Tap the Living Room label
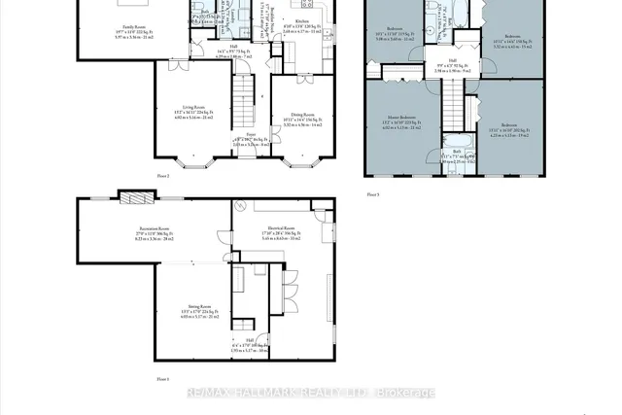(193, 109)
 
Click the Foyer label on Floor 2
(251, 134)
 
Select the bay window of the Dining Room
(302, 157)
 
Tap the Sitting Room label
(201, 310)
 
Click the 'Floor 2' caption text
(163, 175)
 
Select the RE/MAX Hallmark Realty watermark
(311, 393)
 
